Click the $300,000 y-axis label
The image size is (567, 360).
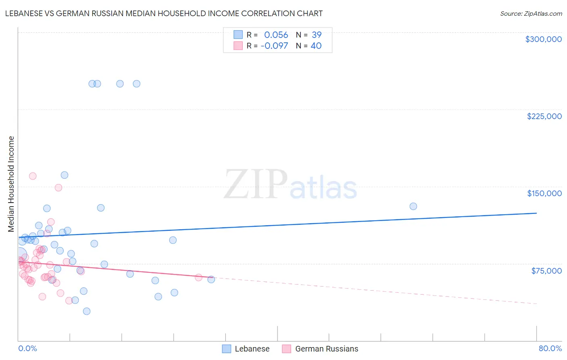coord(543,39)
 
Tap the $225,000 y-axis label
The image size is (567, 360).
coord(544,116)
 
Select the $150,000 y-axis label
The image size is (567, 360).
coord(544,193)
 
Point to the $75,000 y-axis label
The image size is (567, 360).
coord(546,271)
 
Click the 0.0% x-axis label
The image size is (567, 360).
coord(27,348)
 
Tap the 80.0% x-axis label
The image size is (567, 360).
coord(550,348)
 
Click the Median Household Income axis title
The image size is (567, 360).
coord(11,184)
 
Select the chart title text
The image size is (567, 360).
coord(164,13)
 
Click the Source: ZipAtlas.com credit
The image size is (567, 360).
coord(531,13)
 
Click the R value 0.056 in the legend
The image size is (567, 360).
coord(276,35)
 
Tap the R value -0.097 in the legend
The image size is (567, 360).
coord(274,46)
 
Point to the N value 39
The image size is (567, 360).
coord(317,35)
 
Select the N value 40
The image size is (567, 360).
coord(316,46)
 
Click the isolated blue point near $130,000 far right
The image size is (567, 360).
coord(413,206)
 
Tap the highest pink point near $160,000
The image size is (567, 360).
coord(33,176)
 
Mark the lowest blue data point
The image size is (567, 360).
coord(86,311)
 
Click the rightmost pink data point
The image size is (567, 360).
coord(198,277)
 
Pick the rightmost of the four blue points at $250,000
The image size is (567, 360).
coord(136,84)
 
